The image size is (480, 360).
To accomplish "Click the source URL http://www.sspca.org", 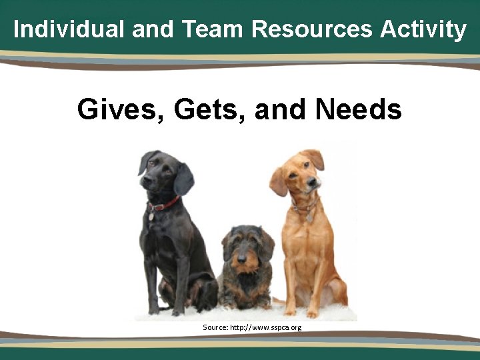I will [265, 327].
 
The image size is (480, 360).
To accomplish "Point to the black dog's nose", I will [145, 179].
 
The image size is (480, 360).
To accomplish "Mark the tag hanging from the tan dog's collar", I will [309, 218].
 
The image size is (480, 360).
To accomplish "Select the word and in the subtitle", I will [281, 109].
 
